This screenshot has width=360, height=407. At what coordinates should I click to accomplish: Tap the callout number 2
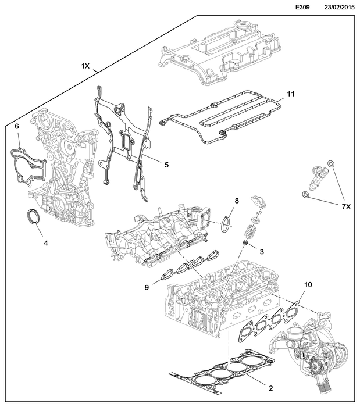click(270, 387)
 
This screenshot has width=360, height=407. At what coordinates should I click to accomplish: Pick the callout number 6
click(17, 126)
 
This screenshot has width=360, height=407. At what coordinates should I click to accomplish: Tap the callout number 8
click(237, 201)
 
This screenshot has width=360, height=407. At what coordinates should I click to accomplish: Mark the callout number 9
click(147, 287)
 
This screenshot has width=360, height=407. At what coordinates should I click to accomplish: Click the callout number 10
click(308, 285)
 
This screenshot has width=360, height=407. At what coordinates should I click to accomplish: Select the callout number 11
click(291, 94)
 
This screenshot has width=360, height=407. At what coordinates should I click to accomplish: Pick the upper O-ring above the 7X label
click(330, 164)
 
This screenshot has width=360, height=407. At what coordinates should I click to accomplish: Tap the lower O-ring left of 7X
click(305, 194)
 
